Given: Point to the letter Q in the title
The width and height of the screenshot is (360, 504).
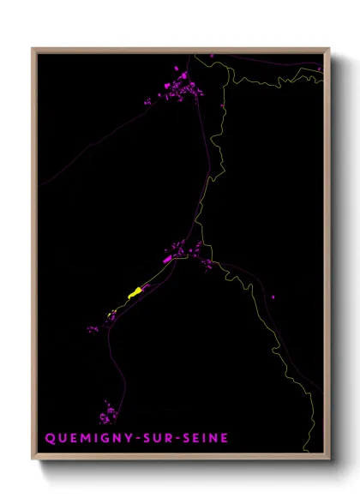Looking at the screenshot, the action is click(x=49, y=438).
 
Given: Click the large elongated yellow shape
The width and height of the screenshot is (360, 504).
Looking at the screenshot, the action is click(x=135, y=292).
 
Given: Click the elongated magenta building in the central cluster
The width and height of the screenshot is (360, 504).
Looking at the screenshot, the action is click(x=168, y=258).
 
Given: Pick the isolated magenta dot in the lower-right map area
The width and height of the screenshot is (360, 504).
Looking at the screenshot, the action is click(x=273, y=297).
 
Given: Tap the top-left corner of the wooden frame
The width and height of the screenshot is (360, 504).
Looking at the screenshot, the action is click(x=33, y=50).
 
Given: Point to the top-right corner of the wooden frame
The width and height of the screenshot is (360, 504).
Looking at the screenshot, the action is click(x=328, y=50).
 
